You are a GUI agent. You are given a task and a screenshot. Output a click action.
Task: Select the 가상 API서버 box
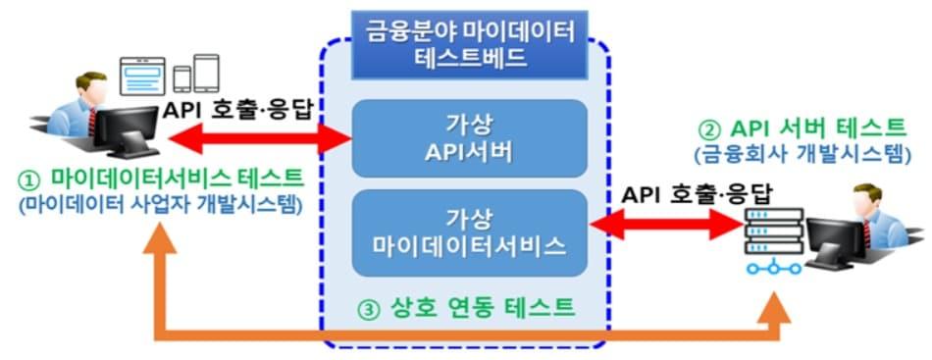469,138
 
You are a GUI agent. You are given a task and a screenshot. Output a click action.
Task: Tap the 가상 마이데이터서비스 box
469,231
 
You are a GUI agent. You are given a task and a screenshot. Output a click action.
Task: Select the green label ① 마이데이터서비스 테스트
161,180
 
